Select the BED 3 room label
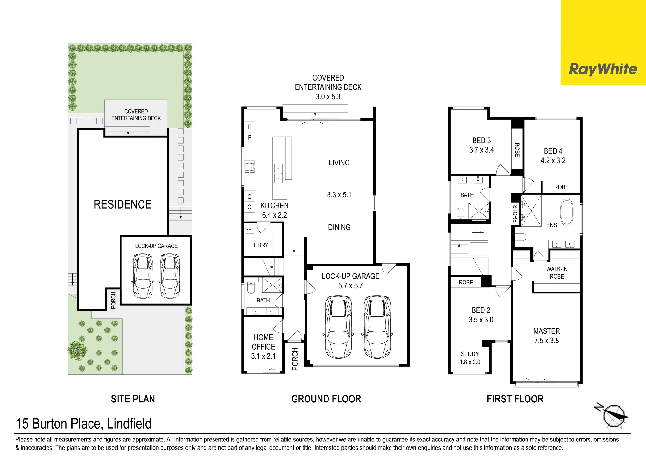pos(481,141)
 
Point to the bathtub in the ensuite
pos(567,212)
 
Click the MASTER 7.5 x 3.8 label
pos(547,336)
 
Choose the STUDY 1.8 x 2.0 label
pos(470,358)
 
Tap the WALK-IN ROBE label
pos(557,273)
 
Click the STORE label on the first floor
pos(515,214)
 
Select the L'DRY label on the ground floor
pos(261,245)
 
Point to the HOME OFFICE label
pos(263,342)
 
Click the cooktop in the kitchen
pos(249,167)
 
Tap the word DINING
pos(339,227)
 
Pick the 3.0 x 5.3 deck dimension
pos(328,97)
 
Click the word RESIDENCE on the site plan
pos(122,204)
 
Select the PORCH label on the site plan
pos(113,300)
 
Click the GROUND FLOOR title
pos(326,399)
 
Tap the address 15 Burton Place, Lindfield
pos(84,424)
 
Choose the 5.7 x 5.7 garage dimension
pos(350,286)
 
